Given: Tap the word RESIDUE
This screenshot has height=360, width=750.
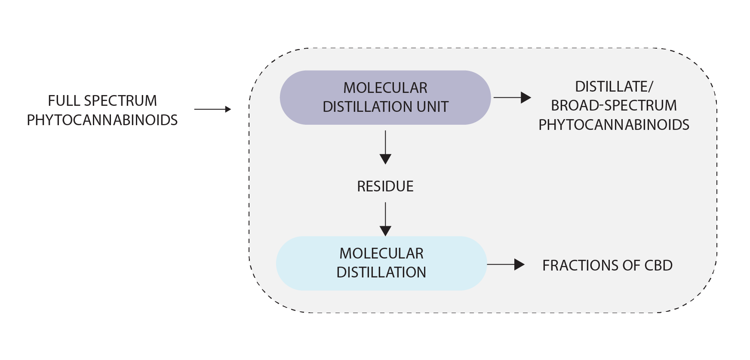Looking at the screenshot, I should click(x=385, y=186).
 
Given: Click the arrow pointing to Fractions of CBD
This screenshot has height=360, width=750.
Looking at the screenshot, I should click(x=505, y=265).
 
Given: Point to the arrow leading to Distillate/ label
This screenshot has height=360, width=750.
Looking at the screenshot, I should click(x=512, y=98).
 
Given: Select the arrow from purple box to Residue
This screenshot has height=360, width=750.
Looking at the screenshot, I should click(x=385, y=147).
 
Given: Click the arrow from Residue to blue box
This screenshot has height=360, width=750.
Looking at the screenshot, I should click(x=385, y=219).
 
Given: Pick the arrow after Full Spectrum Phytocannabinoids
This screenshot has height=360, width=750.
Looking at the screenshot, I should click(x=212, y=110).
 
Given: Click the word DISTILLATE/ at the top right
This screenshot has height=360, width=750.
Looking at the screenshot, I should click(x=614, y=86).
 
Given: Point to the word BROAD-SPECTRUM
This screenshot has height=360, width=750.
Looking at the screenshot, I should click(x=614, y=105).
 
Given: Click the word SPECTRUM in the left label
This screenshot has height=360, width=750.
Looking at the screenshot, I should click(x=120, y=101).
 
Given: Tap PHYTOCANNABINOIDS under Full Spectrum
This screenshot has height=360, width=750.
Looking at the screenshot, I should click(x=102, y=120).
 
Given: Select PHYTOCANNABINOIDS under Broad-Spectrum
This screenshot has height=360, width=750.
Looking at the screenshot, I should click(x=614, y=125).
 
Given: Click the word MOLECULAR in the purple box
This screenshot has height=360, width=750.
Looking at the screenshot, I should click(x=385, y=88).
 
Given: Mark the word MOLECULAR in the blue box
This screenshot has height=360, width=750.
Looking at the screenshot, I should click(x=381, y=253).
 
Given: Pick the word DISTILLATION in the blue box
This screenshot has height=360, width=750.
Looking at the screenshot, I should click(x=381, y=272).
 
